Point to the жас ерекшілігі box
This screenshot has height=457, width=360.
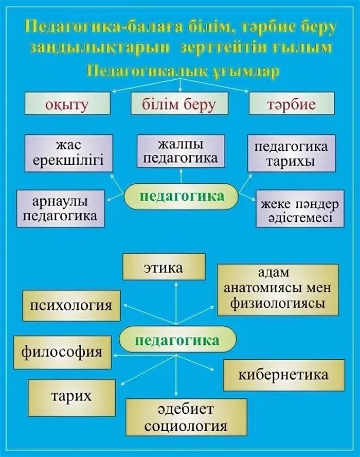[68, 153]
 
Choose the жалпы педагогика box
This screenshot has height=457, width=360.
[181, 151]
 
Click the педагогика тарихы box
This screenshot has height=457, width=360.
[291, 153]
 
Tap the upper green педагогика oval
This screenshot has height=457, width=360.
[182, 196]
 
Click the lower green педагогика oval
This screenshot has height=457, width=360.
[177, 340]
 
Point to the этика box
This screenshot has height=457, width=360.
[164, 267]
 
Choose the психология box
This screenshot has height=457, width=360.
[71, 305]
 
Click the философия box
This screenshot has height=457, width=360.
[62, 353]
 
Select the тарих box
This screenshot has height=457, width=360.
[71, 397]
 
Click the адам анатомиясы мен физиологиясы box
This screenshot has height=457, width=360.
[278, 289]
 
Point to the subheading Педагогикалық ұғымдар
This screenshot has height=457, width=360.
[183, 70]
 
